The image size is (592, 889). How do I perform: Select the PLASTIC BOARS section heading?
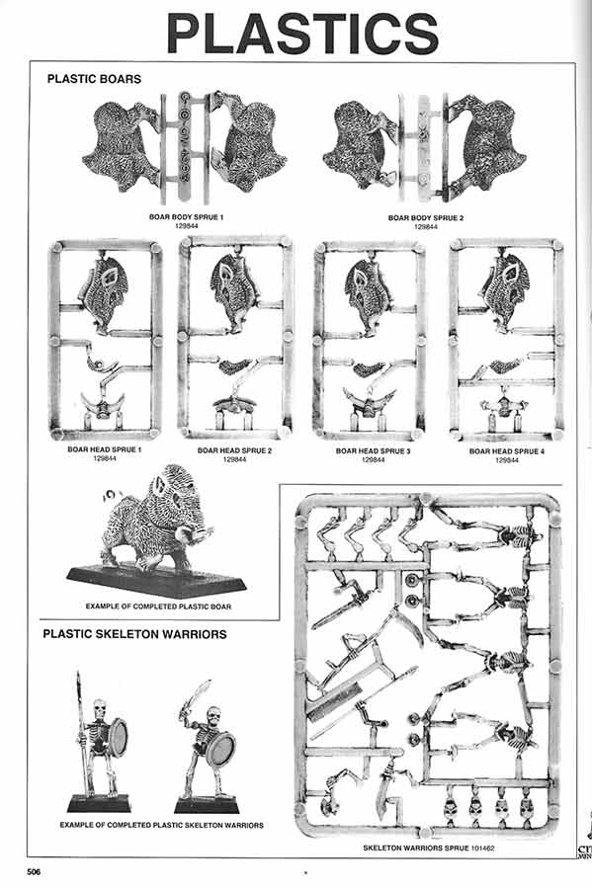click(94, 78)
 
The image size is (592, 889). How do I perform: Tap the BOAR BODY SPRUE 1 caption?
click(182, 216)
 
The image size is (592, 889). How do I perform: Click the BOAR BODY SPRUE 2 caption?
click(425, 216)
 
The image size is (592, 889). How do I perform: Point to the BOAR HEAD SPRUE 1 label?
click(105, 449)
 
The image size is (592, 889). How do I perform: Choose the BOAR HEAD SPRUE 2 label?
click(234, 450)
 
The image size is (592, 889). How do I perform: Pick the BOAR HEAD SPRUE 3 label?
click(373, 450)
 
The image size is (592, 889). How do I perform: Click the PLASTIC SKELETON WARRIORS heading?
click(134, 633)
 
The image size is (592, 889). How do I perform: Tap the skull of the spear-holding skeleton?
click(98, 709)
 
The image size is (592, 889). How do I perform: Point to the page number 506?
click(34, 871)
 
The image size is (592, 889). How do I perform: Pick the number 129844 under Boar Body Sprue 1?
click(182, 226)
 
